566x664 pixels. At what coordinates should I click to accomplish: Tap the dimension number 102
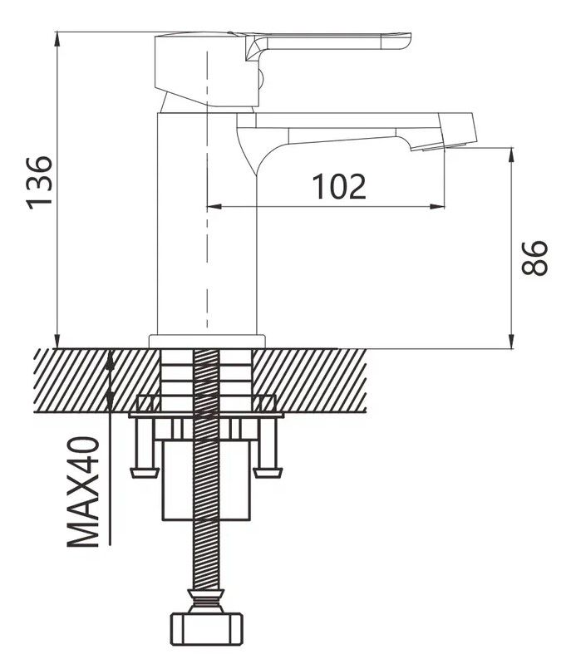point(339,187)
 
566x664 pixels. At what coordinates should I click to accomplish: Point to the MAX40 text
point(83,491)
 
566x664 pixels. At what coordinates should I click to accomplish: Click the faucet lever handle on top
point(332,42)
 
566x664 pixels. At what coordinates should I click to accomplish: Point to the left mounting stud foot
point(143,472)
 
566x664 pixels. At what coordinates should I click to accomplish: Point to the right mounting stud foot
point(267,472)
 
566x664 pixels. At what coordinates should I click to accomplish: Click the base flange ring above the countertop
point(206,341)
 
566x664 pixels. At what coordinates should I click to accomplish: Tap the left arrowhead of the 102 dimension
point(209,205)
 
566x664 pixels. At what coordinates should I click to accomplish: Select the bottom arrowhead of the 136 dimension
point(57,342)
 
